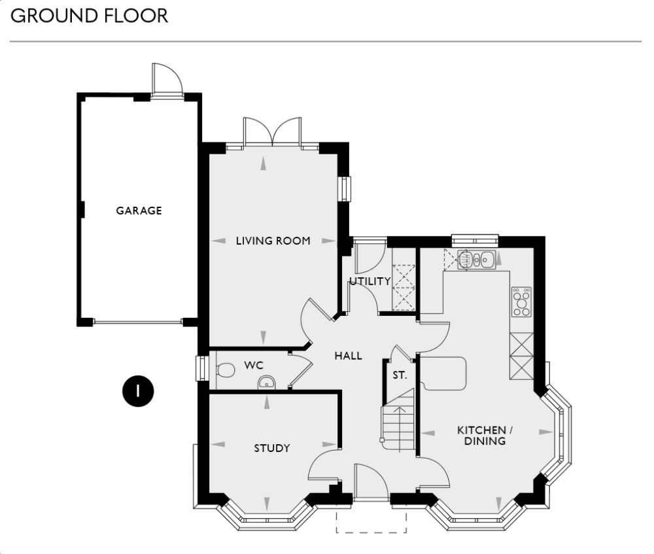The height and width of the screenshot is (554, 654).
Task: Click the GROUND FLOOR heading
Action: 90,16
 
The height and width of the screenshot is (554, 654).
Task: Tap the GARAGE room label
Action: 139,211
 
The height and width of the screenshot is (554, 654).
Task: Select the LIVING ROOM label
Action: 273,241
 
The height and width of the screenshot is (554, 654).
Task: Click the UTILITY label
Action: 370,281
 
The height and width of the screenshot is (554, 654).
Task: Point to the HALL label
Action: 349,356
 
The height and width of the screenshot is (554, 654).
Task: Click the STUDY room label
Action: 272,448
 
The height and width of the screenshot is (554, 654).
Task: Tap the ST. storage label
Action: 400,375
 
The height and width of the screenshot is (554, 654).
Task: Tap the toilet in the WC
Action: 224,370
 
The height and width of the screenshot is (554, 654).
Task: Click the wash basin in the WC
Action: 267,383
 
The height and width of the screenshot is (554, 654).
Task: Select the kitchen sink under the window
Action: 477,260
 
